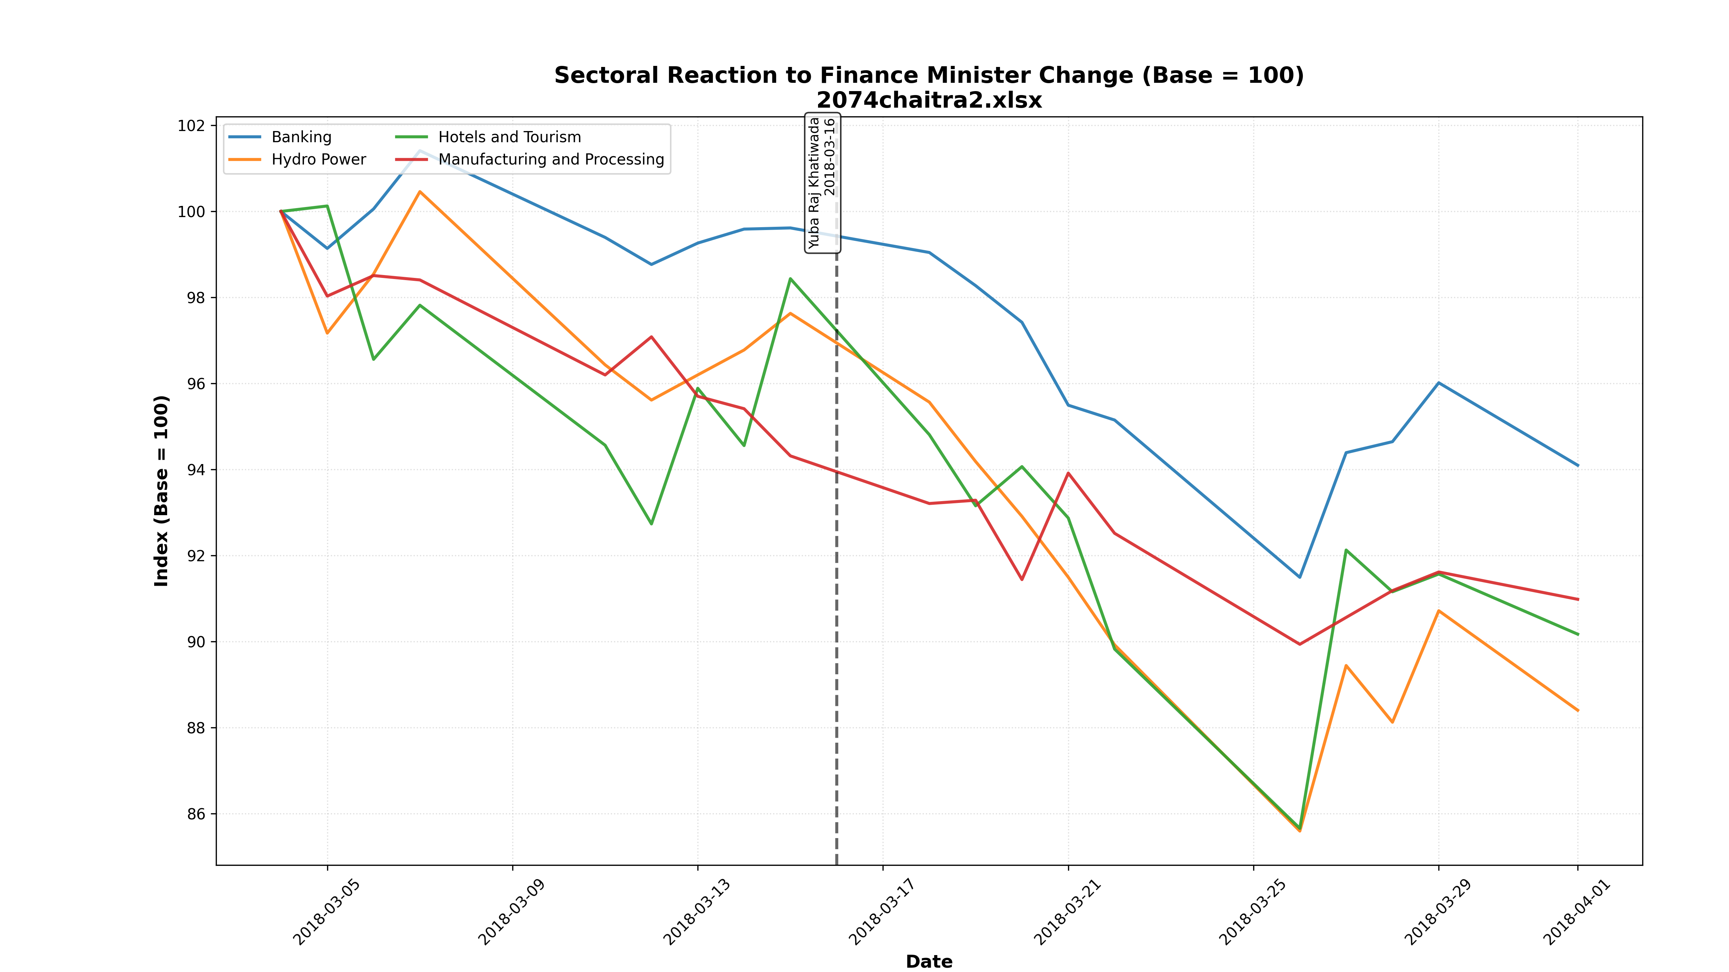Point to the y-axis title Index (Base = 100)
(x=162, y=491)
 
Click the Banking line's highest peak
(x=420, y=151)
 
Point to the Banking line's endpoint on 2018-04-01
(x=1578, y=465)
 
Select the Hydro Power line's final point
(x=1578, y=710)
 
